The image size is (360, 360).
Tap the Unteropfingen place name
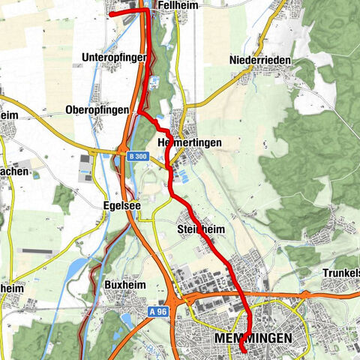click(x=121, y=57)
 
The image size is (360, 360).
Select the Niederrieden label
click(x=260, y=60)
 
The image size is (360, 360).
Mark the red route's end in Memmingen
click(x=244, y=349)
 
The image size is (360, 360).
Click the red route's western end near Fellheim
click(x=111, y=13)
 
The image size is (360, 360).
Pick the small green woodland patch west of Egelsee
click(x=64, y=199)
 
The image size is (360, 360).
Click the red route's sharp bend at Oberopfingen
click(x=139, y=112)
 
